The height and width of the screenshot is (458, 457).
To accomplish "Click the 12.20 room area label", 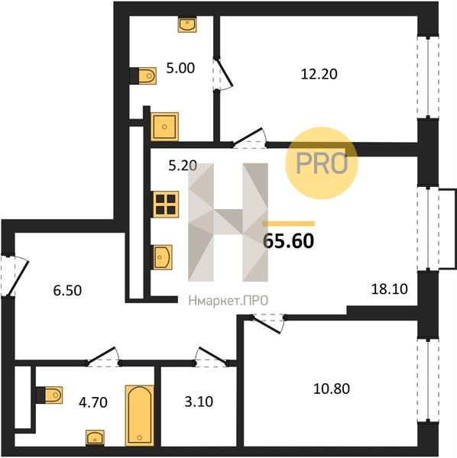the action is pyautogui.click(x=319, y=74).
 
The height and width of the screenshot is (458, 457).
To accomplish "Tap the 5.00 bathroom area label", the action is pyautogui.click(x=180, y=69).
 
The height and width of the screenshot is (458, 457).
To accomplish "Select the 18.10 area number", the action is pyautogui.click(x=389, y=289).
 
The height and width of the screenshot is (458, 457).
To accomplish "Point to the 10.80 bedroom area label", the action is pyautogui.click(x=332, y=389).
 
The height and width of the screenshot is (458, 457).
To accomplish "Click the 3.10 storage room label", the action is pyautogui.click(x=199, y=402).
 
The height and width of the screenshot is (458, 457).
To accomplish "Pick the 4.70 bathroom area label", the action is pyautogui.click(x=93, y=402).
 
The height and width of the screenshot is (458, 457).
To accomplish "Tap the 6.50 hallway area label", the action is pyautogui.click(x=67, y=291).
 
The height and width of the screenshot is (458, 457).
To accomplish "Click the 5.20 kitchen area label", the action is pyautogui.click(x=183, y=166).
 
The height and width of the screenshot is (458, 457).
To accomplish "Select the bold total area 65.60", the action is pyautogui.click(x=289, y=241).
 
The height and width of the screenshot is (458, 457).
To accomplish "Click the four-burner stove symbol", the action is pyautogui.click(x=165, y=205).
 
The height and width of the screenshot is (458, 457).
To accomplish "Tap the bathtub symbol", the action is pyautogui.click(x=140, y=415).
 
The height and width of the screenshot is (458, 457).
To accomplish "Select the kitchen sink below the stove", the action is pyautogui.click(x=162, y=257).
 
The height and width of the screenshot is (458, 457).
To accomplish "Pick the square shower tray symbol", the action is pyautogui.click(x=164, y=127).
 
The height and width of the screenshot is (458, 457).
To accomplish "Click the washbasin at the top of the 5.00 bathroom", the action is pyautogui.click(x=187, y=24).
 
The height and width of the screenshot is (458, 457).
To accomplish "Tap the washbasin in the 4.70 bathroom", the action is pyautogui.click(x=95, y=438).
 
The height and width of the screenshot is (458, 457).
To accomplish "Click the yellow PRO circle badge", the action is pyautogui.click(x=322, y=163).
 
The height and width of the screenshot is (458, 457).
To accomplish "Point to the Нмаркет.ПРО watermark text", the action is pyautogui.click(x=228, y=301).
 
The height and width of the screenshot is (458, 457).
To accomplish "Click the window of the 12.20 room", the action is pyautogui.click(x=428, y=77).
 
